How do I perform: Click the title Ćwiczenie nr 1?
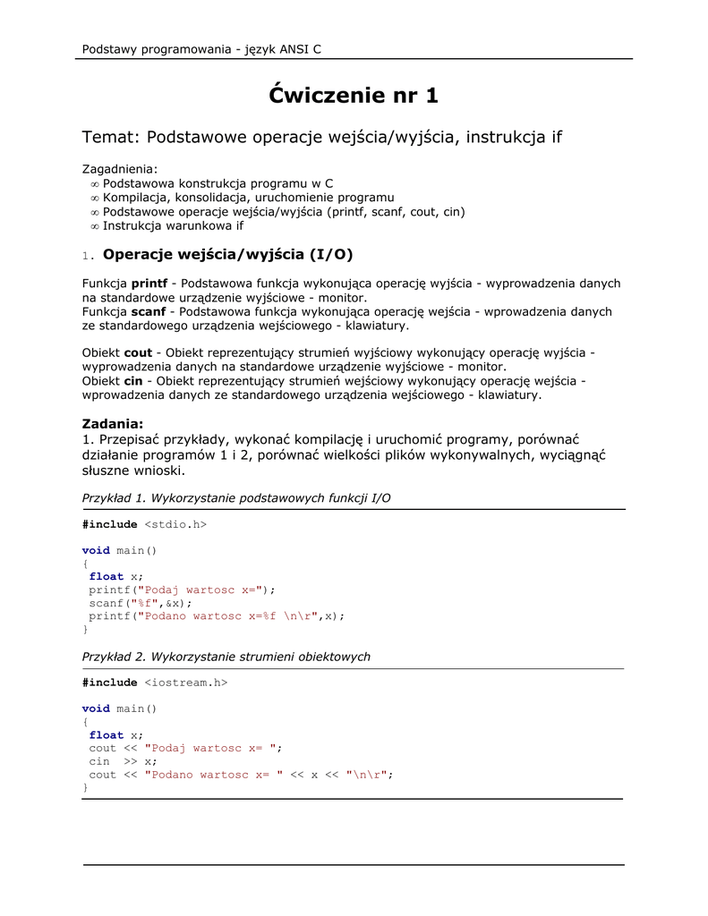[x=354, y=96]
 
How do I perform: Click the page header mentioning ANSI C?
[x=201, y=49]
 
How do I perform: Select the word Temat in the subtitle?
[x=108, y=137]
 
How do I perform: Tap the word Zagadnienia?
[x=119, y=168]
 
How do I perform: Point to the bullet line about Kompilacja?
[x=248, y=197]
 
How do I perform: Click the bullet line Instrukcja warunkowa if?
[x=173, y=225]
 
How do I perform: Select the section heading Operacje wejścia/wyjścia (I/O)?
[x=228, y=255]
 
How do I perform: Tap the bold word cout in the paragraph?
[x=138, y=352]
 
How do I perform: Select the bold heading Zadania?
[x=113, y=423]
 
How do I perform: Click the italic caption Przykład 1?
[x=236, y=498]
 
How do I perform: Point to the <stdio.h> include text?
[x=175, y=524]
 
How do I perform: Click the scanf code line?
[x=141, y=603]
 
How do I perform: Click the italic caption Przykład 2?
[x=226, y=657]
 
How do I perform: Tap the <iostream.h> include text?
[x=186, y=683]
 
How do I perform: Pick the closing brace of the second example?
[x=85, y=787]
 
